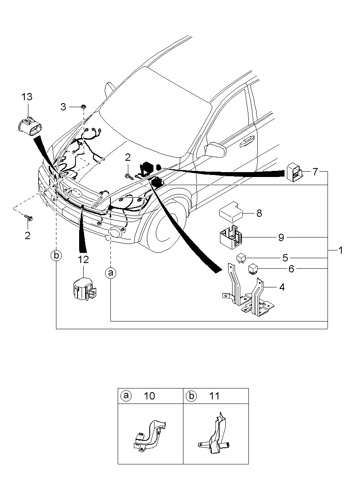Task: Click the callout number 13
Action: pyautogui.click(x=27, y=97)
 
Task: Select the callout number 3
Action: pyautogui.click(x=63, y=107)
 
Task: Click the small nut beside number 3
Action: pyautogui.click(x=84, y=107)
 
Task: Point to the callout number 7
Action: pyautogui.click(x=315, y=172)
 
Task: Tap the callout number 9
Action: pyautogui.click(x=281, y=237)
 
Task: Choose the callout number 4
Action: pyautogui.click(x=282, y=287)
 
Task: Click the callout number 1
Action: pyautogui.click(x=340, y=250)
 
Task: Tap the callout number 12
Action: pyautogui.click(x=83, y=260)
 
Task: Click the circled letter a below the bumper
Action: pyautogui.click(x=110, y=273)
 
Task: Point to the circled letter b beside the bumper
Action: pyautogui.click(x=56, y=255)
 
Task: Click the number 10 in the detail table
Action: pyautogui.click(x=149, y=396)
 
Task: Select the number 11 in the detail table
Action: pyautogui.click(x=214, y=396)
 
